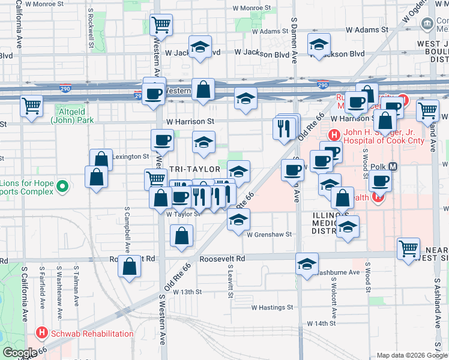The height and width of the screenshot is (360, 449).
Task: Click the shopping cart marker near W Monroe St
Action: coord(161,25)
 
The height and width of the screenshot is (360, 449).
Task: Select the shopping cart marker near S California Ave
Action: coord(31,106)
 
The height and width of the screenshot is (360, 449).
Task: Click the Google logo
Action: coord(20,353)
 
